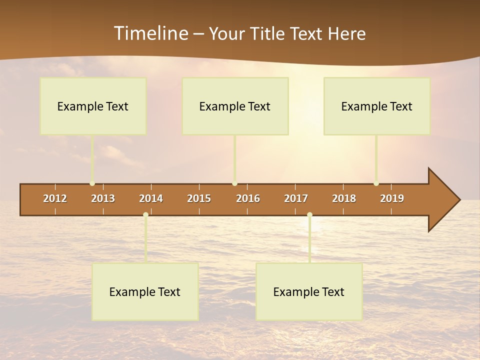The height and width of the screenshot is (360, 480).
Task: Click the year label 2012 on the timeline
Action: [x=55, y=198]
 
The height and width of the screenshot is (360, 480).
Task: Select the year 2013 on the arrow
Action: [x=103, y=198]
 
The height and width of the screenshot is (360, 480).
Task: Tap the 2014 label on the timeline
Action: [x=151, y=198]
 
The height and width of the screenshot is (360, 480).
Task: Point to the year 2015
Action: [x=199, y=198]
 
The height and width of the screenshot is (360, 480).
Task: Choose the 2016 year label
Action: [x=248, y=198]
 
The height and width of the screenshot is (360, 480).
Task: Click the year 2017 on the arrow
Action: [x=296, y=198]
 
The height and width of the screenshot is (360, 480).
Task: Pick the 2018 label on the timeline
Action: [x=344, y=198]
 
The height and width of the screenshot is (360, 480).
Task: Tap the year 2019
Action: [x=392, y=198]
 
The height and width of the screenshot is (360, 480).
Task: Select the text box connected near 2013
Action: [x=93, y=106]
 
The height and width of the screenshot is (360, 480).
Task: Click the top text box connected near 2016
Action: [x=235, y=106]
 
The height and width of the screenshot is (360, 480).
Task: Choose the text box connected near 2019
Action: [x=377, y=106]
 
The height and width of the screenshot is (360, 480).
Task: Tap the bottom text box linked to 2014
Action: [x=145, y=292]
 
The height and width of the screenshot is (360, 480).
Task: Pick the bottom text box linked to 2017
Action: [x=309, y=292]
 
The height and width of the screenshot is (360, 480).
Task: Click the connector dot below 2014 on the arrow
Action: [x=145, y=215]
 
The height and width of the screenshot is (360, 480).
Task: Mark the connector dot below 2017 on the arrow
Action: [x=309, y=215]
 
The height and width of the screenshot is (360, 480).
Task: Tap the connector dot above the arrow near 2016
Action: [x=234, y=183]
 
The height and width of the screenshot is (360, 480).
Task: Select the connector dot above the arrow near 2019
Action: [x=376, y=183]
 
